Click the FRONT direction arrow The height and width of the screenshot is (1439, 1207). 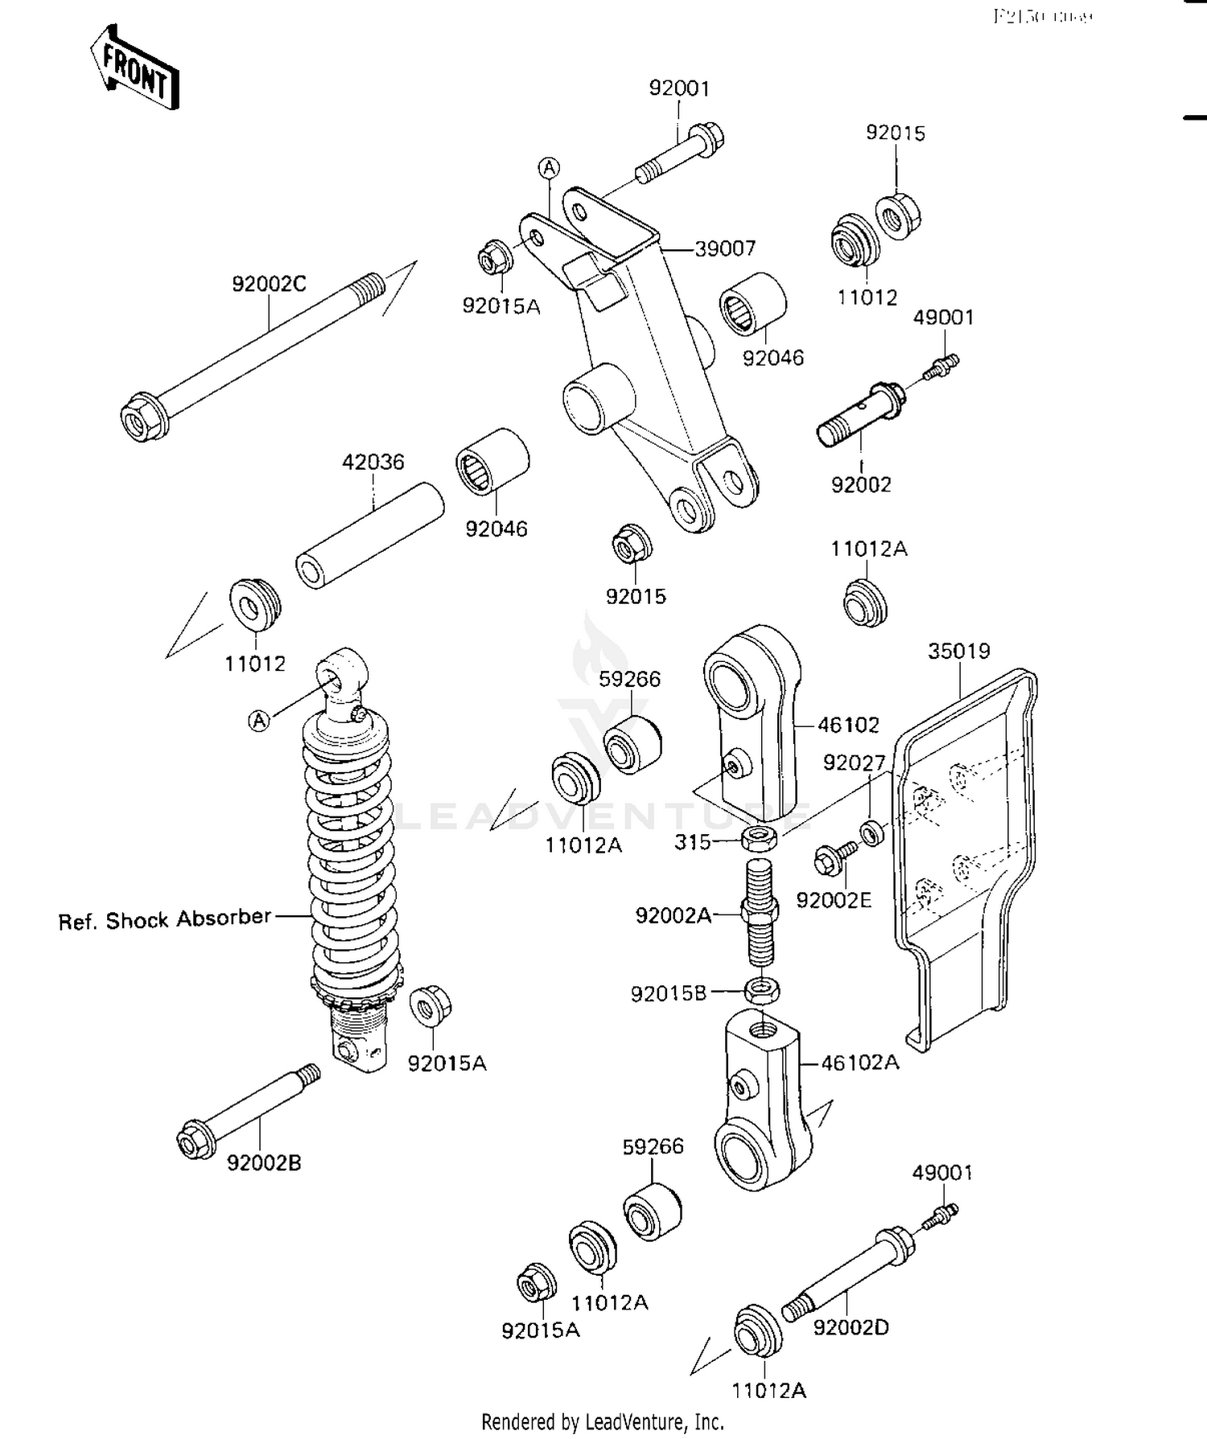(134, 68)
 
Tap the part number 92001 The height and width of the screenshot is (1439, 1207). (679, 88)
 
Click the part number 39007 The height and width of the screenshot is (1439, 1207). (725, 249)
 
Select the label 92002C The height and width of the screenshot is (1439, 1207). (269, 284)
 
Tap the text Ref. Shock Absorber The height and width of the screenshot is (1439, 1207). (165, 919)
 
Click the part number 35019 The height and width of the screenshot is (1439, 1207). (958, 651)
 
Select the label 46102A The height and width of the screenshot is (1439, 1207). (859, 1063)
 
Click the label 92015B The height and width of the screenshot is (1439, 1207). (668, 994)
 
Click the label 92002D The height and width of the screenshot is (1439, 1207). (851, 1327)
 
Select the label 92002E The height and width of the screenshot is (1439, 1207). (834, 900)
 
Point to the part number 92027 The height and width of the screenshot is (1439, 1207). (854, 763)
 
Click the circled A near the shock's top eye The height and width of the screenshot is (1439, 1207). (258, 721)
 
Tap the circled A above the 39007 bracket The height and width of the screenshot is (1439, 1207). (549, 168)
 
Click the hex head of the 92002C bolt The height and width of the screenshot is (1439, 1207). (143, 418)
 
